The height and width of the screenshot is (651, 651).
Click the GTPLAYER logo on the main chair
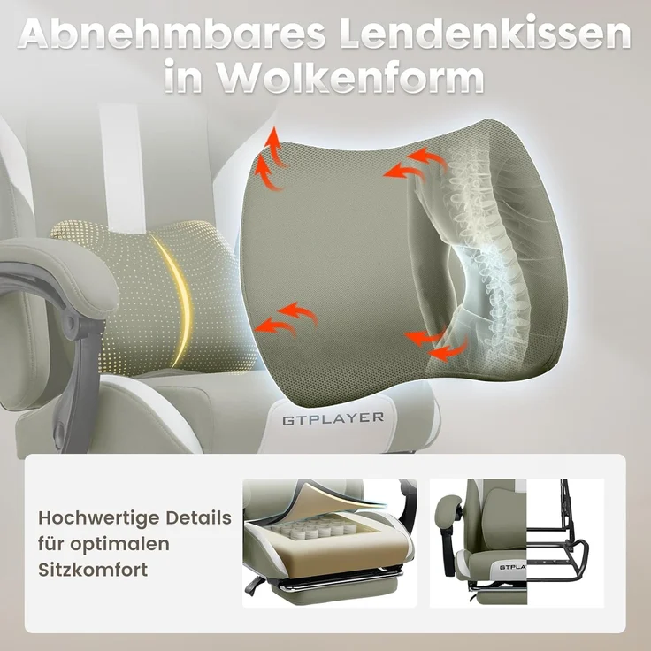tap(333, 417)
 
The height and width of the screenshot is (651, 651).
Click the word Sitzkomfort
tap(92, 570)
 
